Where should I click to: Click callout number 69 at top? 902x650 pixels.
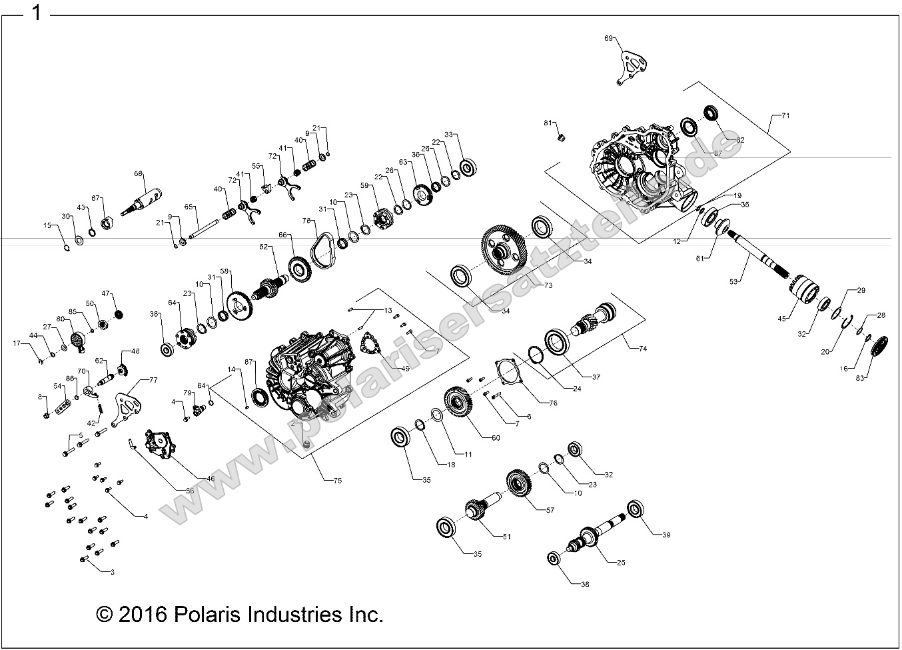pyautogui.click(x=608, y=39)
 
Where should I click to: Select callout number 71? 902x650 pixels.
pyautogui.click(x=785, y=115)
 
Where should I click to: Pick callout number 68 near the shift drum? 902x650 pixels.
pyautogui.click(x=139, y=173)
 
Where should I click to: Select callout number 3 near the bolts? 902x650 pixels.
pyautogui.click(x=112, y=571)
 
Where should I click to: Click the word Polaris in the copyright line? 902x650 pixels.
pyautogui.click(x=210, y=613)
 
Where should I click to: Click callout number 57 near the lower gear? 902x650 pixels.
pyautogui.click(x=550, y=510)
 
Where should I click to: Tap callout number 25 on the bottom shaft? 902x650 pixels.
pyautogui.click(x=620, y=562)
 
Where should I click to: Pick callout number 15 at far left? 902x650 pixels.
pyautogui.click(x=47, y=226)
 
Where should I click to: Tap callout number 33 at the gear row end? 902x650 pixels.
pyautogui.click(x=448, y=135)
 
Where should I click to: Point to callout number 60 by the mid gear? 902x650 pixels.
pyautogui.click(x=495, y=437)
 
